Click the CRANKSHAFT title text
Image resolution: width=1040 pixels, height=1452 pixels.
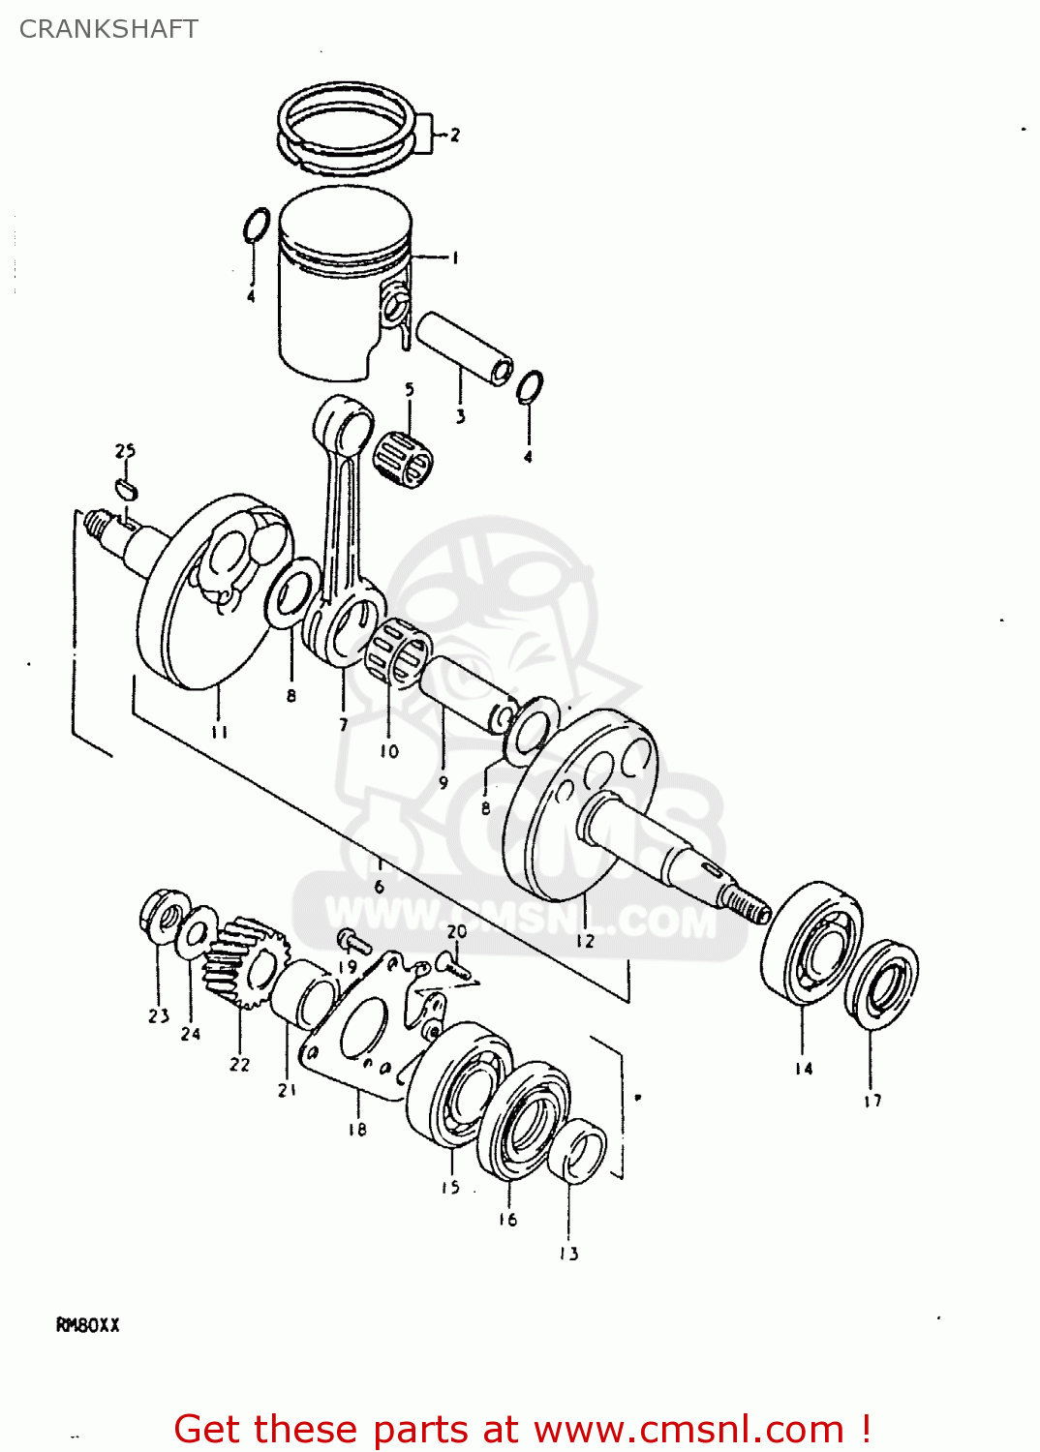(x=108, y=29)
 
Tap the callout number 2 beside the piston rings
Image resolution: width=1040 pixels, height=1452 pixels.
(x=454, y=135)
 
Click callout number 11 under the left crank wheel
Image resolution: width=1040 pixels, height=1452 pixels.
(x=219, y=732)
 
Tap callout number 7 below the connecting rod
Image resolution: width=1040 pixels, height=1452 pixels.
(x=343, y=724)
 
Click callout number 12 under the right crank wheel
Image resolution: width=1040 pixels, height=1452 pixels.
(x=585, y=940)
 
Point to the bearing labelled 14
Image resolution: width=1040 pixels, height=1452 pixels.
(x=811, y=944)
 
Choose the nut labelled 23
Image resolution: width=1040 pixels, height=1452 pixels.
(x=162, y=916)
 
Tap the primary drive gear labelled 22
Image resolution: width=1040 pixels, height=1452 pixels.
(x=247, y=963)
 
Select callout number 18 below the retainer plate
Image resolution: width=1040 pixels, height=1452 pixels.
(x=357, y=1129)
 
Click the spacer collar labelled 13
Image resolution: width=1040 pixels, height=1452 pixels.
(x=578, y=1151)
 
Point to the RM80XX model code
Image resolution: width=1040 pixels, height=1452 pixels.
(x=88, y=1325)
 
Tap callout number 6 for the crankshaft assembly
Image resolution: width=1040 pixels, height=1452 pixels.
(x=379, y=886)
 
